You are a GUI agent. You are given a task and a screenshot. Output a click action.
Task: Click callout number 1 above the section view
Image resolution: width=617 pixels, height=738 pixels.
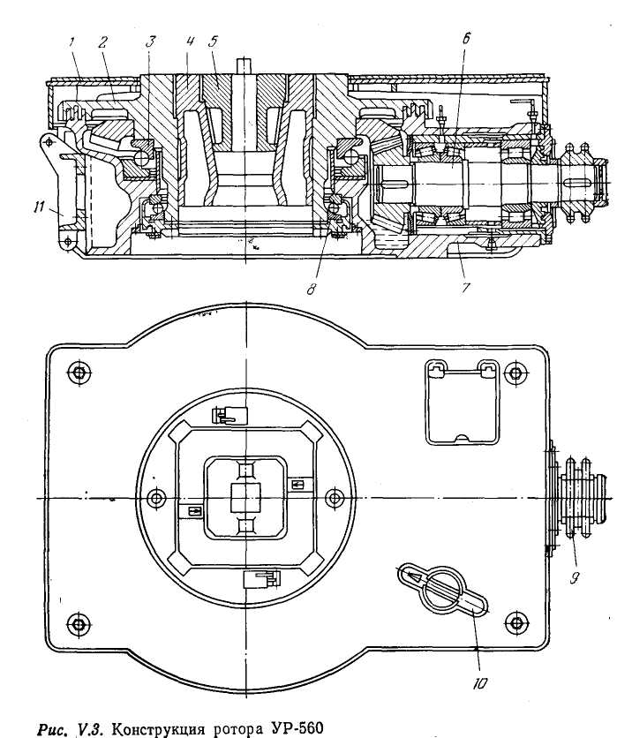point(71,42)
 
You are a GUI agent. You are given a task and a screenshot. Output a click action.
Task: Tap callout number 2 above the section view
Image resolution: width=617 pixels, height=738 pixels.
point(102,42)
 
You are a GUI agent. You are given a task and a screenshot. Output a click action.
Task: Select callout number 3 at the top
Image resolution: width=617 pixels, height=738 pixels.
point(150,41)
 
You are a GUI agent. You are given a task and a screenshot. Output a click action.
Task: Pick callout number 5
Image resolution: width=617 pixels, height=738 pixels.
point(213,41)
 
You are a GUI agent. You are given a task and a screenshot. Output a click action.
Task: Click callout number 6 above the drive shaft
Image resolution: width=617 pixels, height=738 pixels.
point(466,38)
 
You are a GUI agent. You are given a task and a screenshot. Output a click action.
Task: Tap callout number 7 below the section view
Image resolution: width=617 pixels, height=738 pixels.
point(465,287)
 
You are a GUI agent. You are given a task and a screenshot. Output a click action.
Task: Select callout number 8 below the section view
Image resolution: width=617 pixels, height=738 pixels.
point(311,289)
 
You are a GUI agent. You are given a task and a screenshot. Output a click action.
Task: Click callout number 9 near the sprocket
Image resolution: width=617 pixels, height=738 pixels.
point(574,577)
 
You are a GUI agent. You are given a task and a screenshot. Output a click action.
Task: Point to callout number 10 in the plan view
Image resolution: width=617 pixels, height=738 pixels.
point(479,683)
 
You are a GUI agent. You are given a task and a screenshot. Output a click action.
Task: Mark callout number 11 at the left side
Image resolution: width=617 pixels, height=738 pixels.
point(40,207)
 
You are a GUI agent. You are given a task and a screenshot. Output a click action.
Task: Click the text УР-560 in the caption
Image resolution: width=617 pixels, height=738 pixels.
point(296,728)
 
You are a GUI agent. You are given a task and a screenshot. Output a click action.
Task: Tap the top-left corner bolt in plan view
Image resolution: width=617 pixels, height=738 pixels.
point(79,373)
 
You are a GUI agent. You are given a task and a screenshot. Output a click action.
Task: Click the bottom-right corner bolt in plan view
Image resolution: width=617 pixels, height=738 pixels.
point(516,623)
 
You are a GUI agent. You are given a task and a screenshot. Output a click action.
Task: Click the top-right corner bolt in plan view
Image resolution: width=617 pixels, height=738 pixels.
point(515,373)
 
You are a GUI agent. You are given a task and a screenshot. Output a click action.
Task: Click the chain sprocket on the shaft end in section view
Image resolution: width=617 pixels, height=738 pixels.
point(578,181)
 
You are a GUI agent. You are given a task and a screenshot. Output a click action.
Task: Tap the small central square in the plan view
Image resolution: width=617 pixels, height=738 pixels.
point(245,499)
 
